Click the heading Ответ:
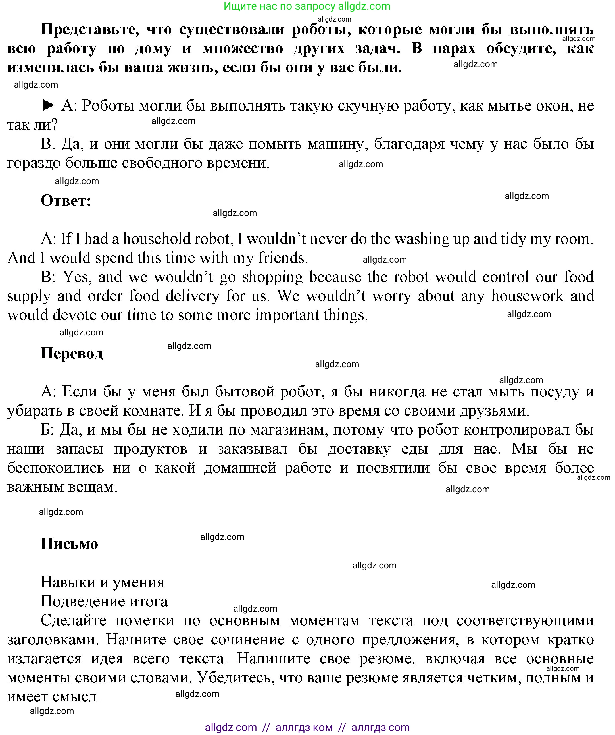coord(66,201)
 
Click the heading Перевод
coord(72,354)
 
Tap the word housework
coord(527,296)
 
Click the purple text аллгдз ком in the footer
coord(304,728)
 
